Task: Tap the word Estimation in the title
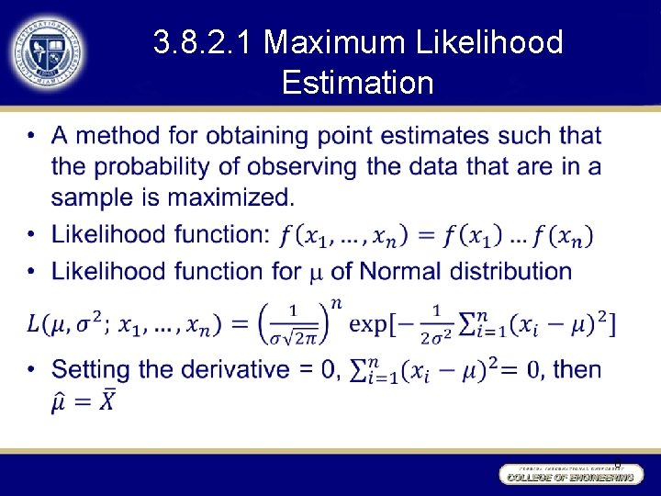point(358,84)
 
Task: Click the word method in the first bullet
point(119,137)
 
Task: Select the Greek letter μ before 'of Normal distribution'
point(316,273)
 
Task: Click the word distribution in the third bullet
point(513,272)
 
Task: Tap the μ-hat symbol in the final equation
point(61,402)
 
